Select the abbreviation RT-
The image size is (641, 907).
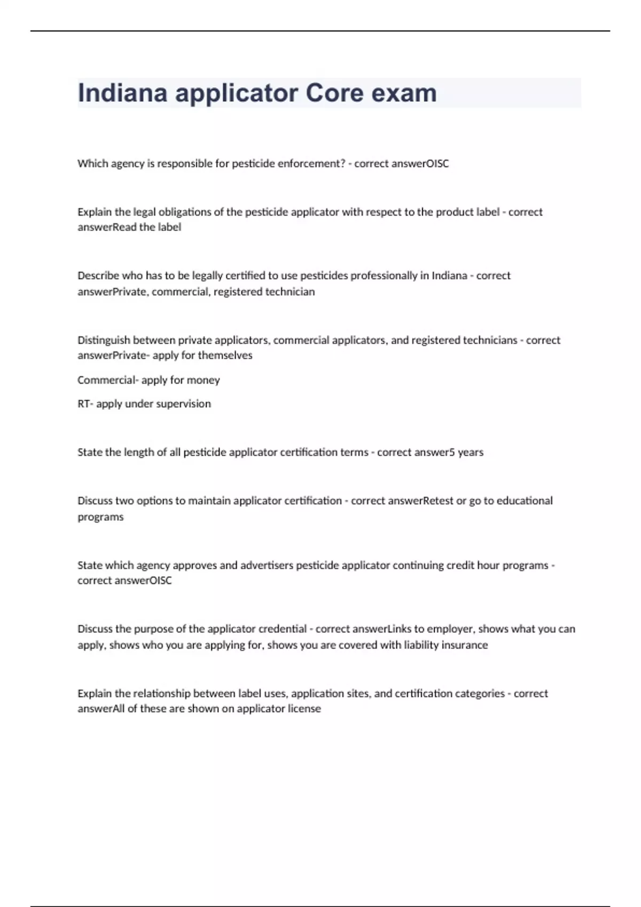pyautogui.click(x=85, y=404)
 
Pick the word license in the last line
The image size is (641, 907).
pyautogui.click(x=304, y=709)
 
